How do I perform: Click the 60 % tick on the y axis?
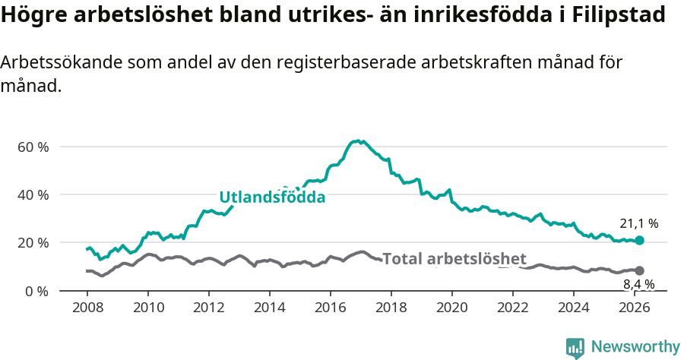33,147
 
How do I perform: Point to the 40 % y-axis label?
33,195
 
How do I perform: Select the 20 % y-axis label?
33,243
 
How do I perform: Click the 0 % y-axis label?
36,292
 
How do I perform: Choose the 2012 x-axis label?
208,308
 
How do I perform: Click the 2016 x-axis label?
331,308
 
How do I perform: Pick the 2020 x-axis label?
452,308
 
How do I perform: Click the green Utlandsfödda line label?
272,197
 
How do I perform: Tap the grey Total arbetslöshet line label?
454,259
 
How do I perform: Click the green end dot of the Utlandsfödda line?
639,240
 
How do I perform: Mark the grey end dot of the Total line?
639,270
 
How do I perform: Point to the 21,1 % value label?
638,223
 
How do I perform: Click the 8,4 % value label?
638,285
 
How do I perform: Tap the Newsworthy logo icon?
575,348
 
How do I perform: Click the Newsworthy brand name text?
635,347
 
